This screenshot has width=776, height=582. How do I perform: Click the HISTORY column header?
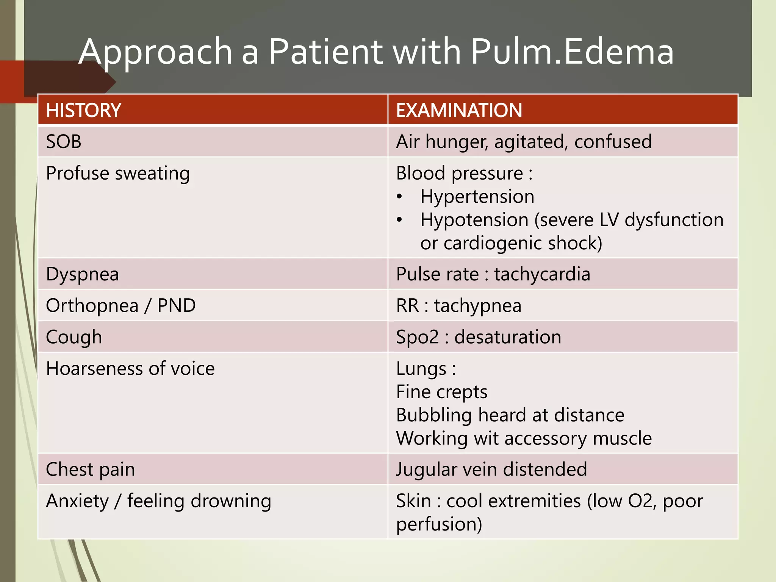83,110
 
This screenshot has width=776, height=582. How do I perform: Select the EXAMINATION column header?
459,110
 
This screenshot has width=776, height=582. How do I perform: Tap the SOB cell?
64,142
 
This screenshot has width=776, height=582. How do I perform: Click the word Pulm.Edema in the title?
572,52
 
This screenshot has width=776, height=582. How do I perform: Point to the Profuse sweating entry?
118,174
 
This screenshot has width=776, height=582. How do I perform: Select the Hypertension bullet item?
477,197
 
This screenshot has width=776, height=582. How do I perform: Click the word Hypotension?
474,220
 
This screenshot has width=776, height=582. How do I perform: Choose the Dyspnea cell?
82,274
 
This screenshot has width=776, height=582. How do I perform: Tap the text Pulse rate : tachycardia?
493,274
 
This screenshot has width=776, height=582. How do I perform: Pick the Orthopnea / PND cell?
120,306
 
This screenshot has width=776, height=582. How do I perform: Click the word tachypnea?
477,306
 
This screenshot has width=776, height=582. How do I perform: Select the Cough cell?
74,337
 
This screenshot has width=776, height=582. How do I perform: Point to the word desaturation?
508,337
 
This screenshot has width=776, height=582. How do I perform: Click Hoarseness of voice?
130,369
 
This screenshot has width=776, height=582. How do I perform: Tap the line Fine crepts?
441,392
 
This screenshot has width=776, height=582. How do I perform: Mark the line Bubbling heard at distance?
510,415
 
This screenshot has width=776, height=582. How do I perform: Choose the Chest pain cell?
90,469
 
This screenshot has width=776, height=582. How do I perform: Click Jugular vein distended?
491,469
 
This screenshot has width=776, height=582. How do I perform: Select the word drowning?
231,501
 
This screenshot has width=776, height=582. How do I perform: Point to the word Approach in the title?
155,52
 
